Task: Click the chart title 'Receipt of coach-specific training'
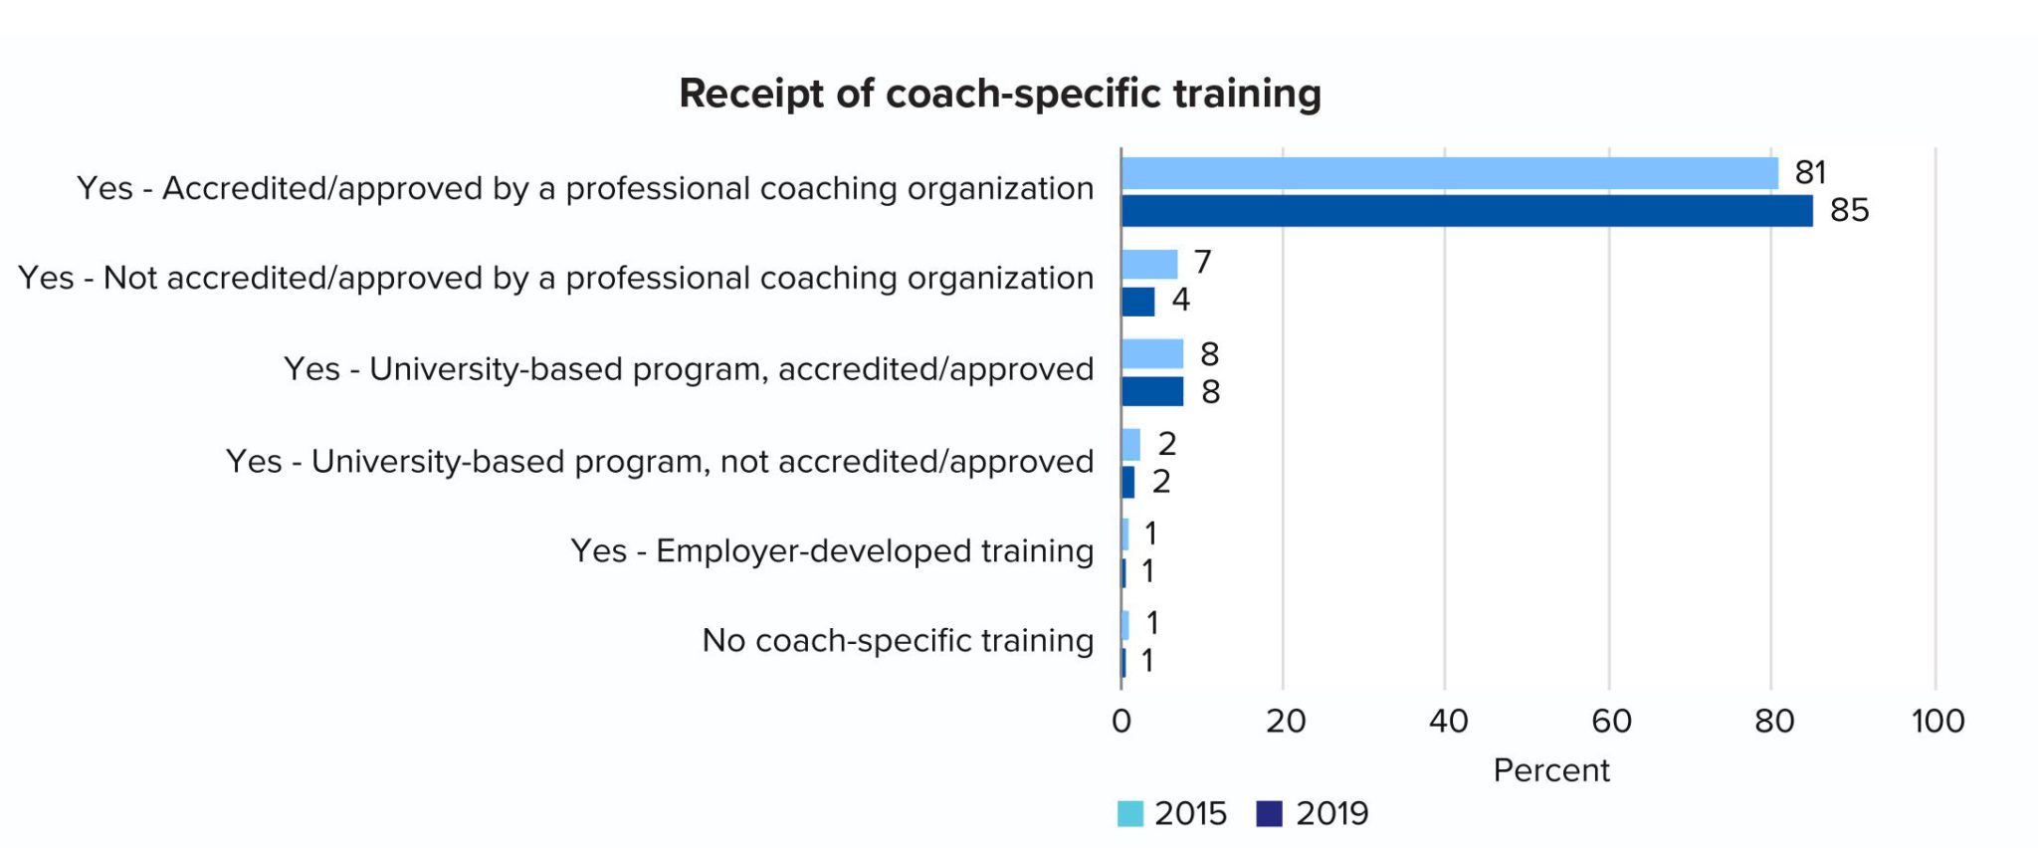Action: click(x=999, y=94)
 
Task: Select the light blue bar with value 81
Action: click(x=1449, y=173)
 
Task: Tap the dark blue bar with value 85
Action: click(x=1466, y=211)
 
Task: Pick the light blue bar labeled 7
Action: click(x=1149, y=264)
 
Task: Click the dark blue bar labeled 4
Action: click(x=1137, y=302)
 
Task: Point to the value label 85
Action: click(x=1849, y=211)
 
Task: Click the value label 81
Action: click(x=1810, y=173)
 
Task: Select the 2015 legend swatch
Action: click(x=1129, y=814)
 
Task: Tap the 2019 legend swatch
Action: click(x=1269, y=814)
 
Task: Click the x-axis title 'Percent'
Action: click(x=1550, y=770)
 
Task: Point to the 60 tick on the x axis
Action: click(x=1610, y=721)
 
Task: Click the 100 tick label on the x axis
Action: click(x=1936, y=721)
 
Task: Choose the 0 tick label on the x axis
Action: click(x=1121, y=721)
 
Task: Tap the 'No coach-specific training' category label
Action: click(x=897, y=640)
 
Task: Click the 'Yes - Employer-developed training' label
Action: click(x=831, y=550)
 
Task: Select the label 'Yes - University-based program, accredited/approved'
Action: click(x=688, y=369)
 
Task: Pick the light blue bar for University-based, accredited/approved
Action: click(x=1152, y=353)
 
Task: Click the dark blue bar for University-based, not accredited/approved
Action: click(x=1127, y=483)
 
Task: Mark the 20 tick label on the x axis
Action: click(x=1285, y=721)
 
